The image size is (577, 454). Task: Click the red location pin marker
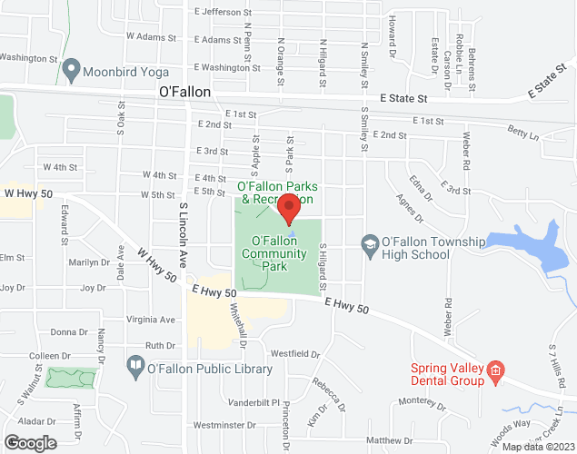pyautogui.click(x=289, y=208)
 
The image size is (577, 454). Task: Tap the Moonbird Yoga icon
pyautogui.click(x=70, y=70)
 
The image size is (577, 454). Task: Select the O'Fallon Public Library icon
pyautogui.click(x=135, y=369)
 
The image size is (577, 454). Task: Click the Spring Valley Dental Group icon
pyautogui.click(x=495, y=369)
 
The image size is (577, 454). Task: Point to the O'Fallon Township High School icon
pyautogui.click(x=369, y=243)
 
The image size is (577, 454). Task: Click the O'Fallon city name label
pyautogui.click(x=184, y=92)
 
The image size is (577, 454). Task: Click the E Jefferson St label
pyautogui.click(x=223, y=13)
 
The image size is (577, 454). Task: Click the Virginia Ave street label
pyautogui.click(x=151, y=320)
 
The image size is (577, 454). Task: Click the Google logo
pyautogui.click(x=29, y=443)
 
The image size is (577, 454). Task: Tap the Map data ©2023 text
pyautogui.click(x=537, y=447)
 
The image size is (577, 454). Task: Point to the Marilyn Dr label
pyautogui.click(x=88, y=262)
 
